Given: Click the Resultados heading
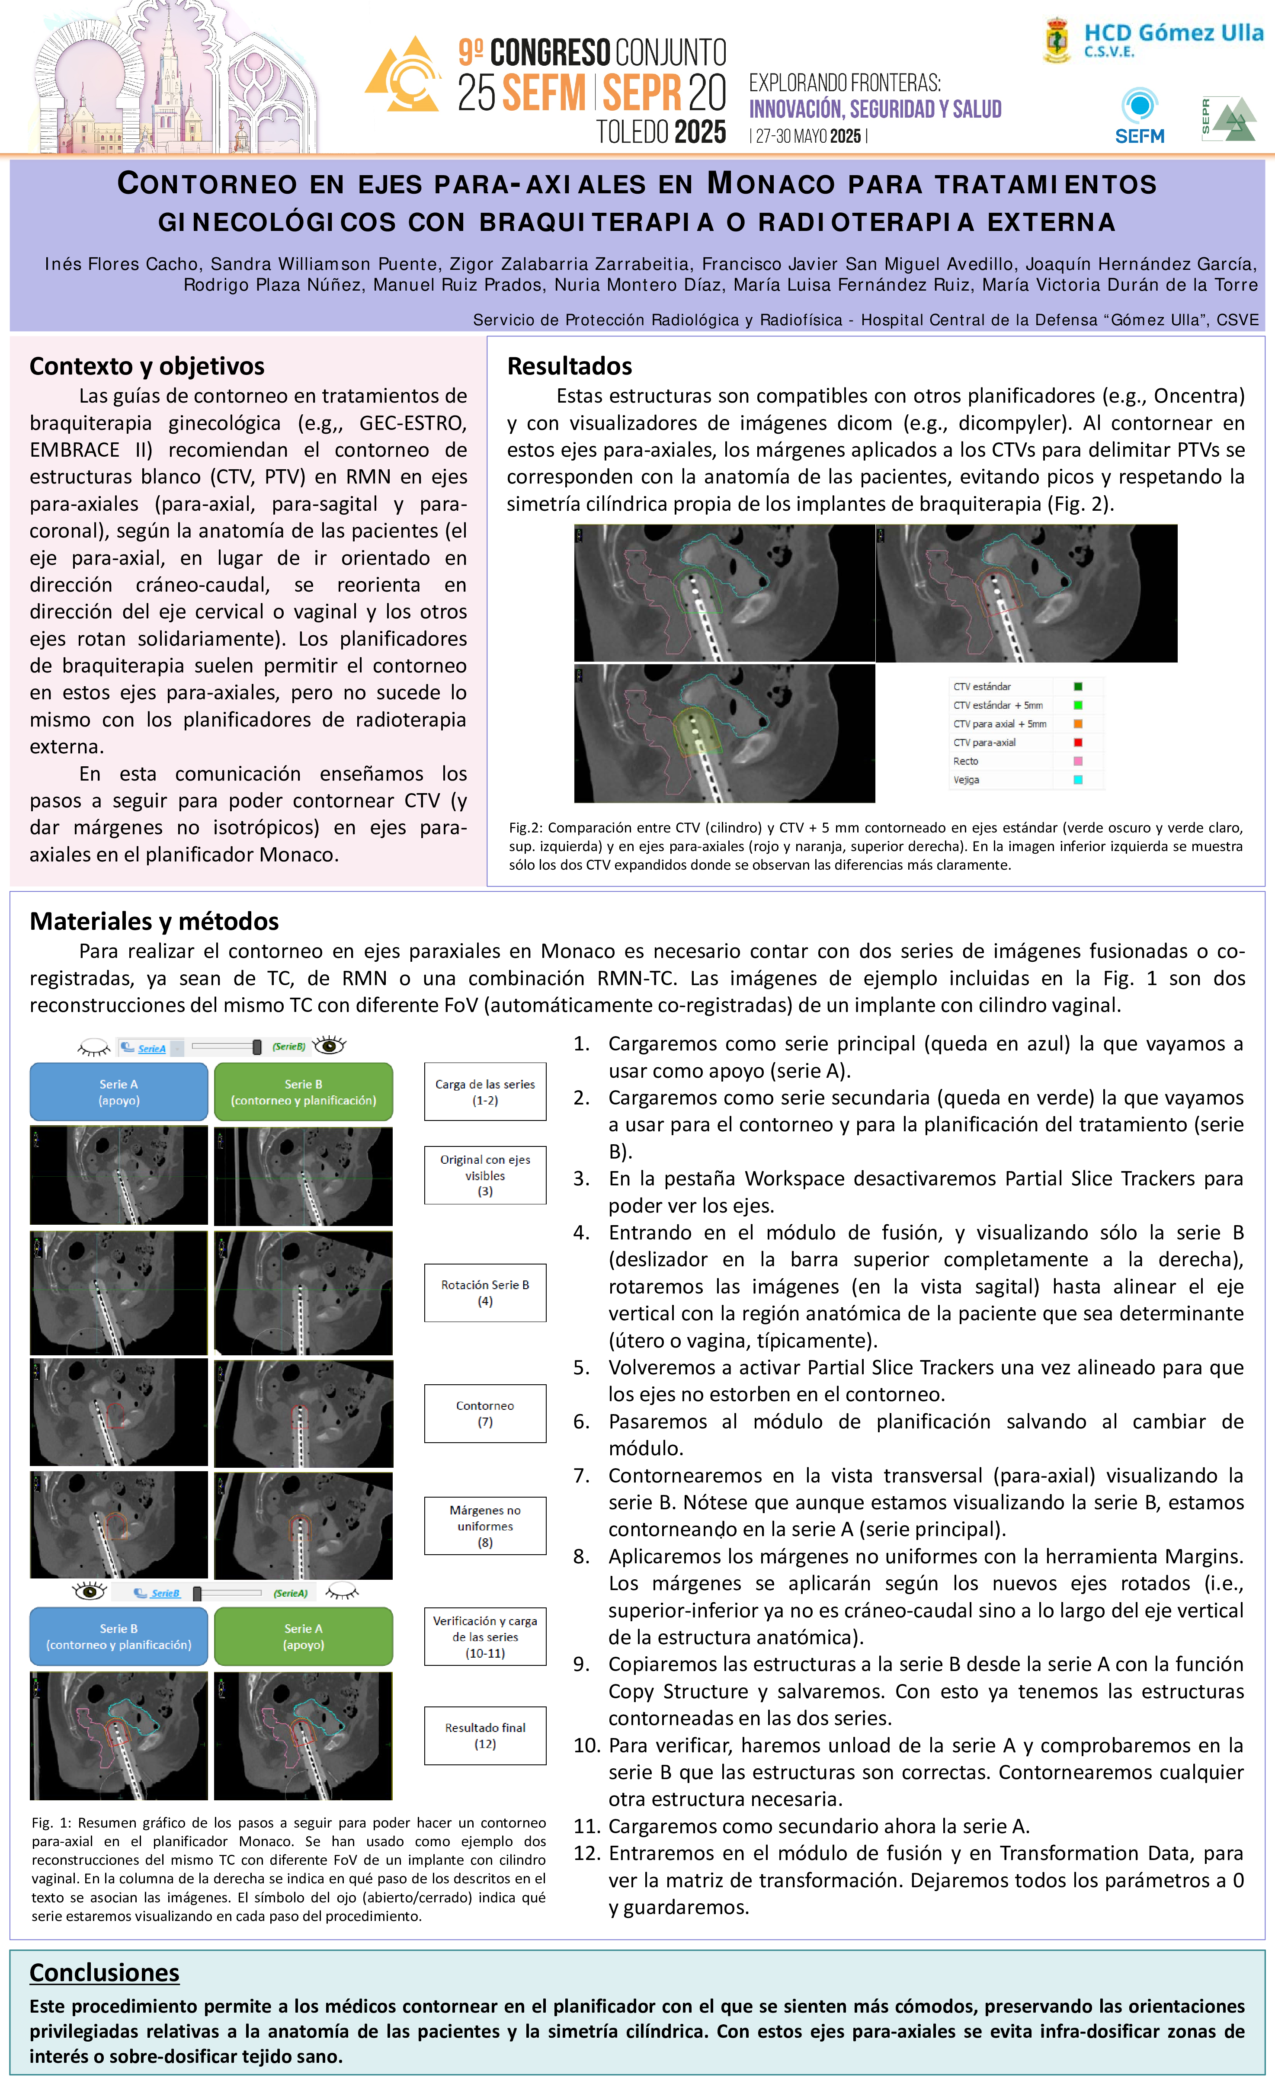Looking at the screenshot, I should (x=570, y=366).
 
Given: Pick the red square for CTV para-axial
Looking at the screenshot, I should (x=1078, y=743).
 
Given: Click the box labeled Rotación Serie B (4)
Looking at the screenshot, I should (x=485, y=1292).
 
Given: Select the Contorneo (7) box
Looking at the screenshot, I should (x=485, y=1413).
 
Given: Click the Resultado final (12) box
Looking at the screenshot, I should (x=485, y=1735).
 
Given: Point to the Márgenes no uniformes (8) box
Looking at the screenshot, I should (x=485, y=1526).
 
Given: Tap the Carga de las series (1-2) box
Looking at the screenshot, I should (x=485, y=1092).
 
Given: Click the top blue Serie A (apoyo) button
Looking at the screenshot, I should (x=119, y=1092).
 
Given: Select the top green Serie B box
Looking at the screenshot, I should (x=303, y=1092).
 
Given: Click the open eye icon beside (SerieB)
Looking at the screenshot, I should (x=329, y=1046).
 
